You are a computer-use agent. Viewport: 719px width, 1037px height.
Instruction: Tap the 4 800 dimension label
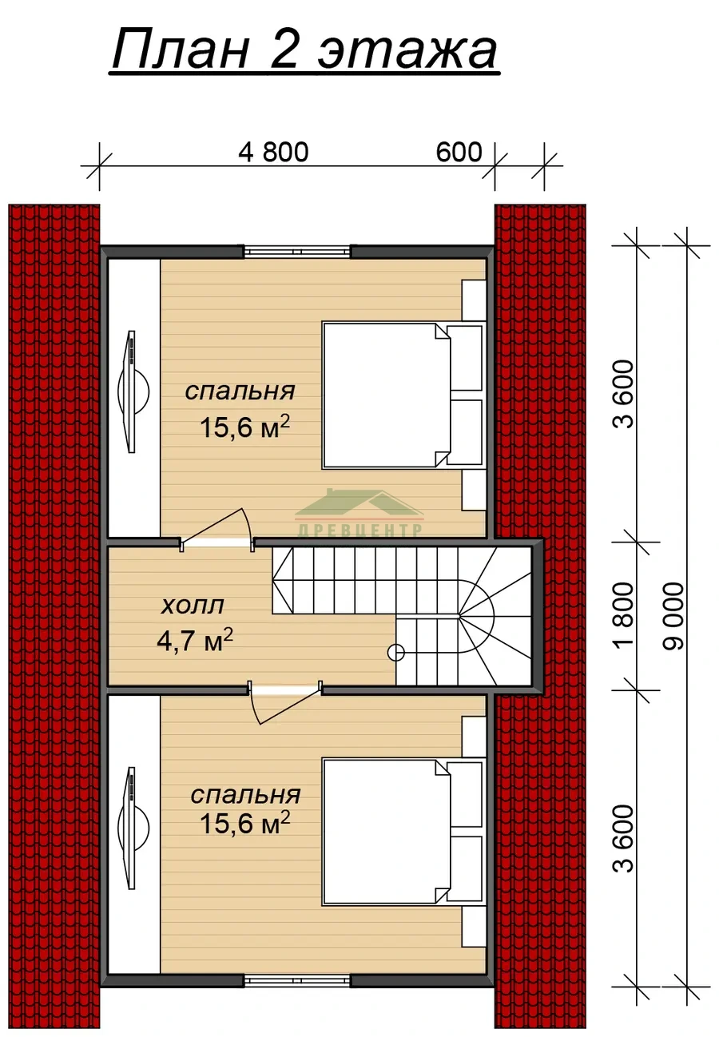[x=273, y=152]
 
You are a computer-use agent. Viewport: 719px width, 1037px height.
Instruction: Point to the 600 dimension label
[x=459, y=151]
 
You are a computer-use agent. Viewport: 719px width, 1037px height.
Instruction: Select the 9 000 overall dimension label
[x=673, y=616]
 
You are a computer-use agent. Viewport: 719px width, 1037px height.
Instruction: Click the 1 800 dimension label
[x=625, y=614]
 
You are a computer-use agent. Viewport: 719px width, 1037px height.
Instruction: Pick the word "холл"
[x=193, y=605]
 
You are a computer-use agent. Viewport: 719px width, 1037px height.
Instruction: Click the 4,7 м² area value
[x=195, y=640]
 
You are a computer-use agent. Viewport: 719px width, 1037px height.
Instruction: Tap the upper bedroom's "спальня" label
[x=240, y=392]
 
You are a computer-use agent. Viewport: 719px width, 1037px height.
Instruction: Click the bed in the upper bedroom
[x=403, y=395]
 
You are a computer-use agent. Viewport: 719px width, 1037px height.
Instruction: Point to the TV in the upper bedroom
[x=133, y=391]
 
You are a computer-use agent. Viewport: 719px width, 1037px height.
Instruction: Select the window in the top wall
[x=297, y=252]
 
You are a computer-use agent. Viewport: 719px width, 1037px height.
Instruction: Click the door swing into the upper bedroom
[x=217, y=529]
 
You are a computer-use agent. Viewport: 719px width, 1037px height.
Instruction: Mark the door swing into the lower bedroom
[x=284, y=701]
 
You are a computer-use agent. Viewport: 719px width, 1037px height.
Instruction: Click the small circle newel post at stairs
[x=395, y=653]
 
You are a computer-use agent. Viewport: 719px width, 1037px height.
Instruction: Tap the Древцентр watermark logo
[x=359, y=513]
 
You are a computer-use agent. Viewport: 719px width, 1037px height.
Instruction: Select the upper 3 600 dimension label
[x=625, y=395]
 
